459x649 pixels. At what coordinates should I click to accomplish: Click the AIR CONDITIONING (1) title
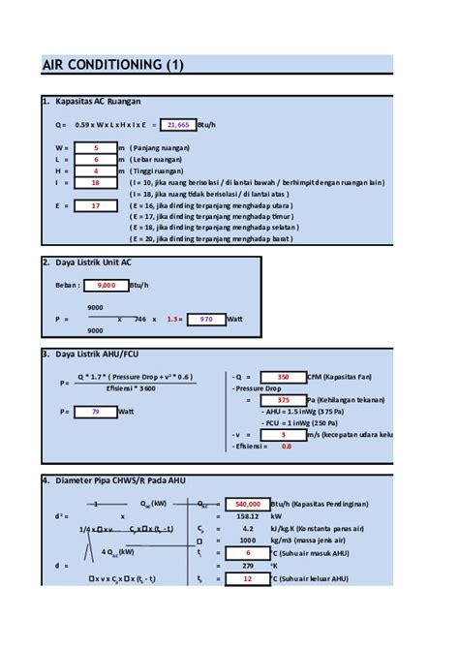(112, 65)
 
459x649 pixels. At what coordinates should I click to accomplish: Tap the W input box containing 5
(96, 147)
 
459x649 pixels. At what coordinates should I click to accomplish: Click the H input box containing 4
(96, 170)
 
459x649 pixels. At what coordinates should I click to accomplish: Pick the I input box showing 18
(96, 182)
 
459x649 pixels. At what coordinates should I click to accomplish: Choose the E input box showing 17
(96, 205)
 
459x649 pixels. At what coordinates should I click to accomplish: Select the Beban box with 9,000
(107, 285)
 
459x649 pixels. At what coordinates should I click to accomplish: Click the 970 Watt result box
(205, 318)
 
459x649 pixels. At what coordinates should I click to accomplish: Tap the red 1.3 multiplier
(173, 318)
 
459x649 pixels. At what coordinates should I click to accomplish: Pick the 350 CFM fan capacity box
(283, 377)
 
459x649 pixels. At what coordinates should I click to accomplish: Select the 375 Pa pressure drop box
(283, 399)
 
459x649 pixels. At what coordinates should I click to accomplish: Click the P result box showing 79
(96, 412)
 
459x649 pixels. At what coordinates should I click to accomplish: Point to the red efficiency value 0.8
(286, 446)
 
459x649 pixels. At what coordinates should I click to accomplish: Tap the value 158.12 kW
(247, 516)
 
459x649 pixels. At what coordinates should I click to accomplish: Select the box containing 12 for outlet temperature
(247, 578)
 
